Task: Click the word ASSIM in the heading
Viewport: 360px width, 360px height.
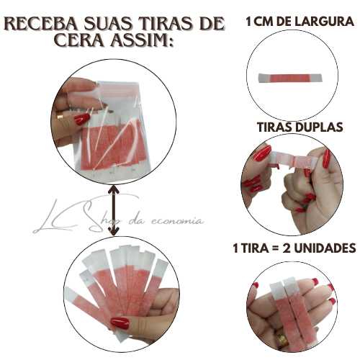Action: pyautogui.click(x=141, y=40)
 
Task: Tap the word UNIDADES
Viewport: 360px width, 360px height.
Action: pyautogui.click(x=325, y=248)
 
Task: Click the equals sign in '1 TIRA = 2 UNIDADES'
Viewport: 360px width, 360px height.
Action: pyautogui.click(x=276, y=248)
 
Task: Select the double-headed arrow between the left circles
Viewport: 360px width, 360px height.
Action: pyautogui.click(x=114, y=210)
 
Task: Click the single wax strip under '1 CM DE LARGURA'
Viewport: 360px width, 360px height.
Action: pyautogui.click(x=289, y=78)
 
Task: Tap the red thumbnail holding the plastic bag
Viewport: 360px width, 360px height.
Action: pyautogui.click(x=82, y=120)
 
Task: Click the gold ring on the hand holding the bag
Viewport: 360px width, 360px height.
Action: pyautogui.click(x=60, y=115)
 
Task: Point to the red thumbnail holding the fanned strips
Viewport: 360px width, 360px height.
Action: pyautogui.click(x=120, y=323)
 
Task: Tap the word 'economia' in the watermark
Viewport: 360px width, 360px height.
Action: pyautogui.click(x=177, y=221)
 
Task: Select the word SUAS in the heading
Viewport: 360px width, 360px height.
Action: pyautogui.click(x=109, y=24)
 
